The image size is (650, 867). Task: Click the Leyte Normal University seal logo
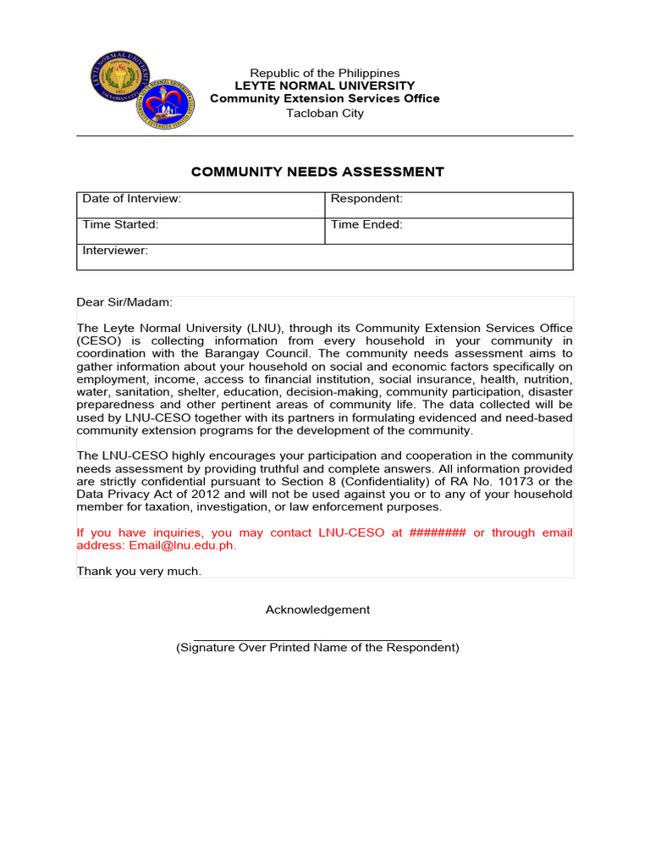[126, 80]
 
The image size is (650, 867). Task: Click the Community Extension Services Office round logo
[166, 104]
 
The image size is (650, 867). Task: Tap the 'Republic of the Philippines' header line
[324, 73]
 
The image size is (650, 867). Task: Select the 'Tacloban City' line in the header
[324, 113]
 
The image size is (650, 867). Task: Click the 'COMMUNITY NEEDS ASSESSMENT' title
[317, 172]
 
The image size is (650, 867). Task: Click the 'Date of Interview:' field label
[131, 199]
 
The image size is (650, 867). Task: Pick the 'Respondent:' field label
[366, 199]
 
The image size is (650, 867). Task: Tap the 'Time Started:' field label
[120, 224]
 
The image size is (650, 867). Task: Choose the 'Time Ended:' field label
[366, 224]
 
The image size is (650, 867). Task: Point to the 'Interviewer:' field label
[115, 251]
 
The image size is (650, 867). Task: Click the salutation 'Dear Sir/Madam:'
[124, 302]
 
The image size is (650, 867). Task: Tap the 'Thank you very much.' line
[139, 572]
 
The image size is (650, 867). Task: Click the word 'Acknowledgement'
[317, 610]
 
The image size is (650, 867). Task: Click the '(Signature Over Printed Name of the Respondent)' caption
[317, 648]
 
